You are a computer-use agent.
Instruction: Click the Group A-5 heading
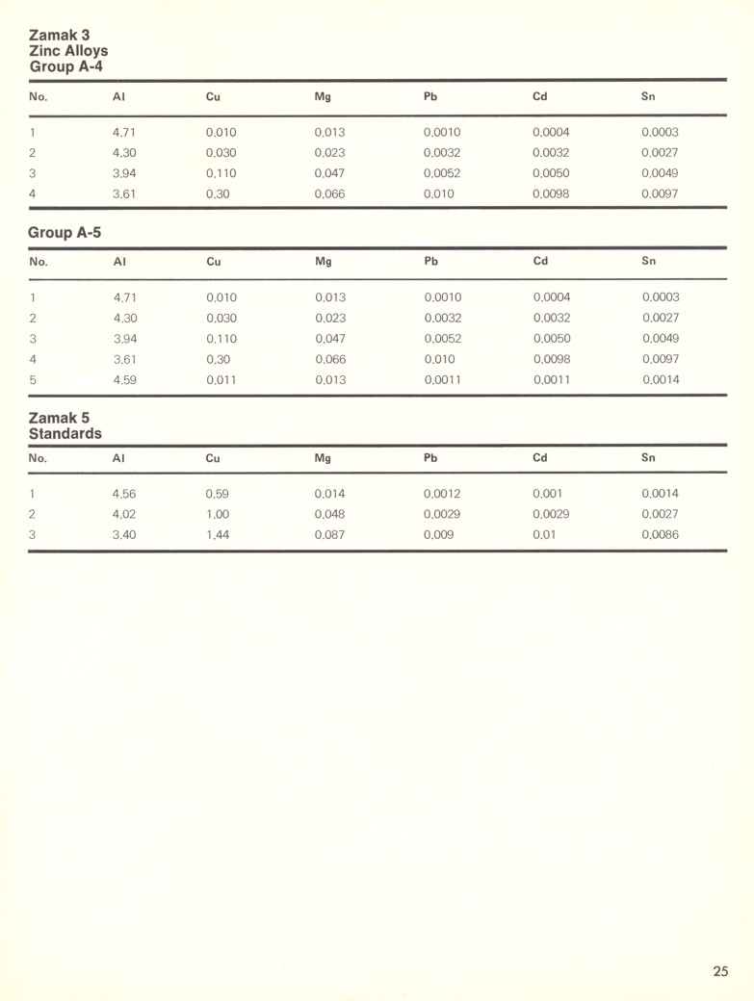click(x=65, y=232)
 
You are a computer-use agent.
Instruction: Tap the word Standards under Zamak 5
click(x=65, y=434)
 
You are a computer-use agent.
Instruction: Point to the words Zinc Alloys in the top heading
click(x=68, y=50)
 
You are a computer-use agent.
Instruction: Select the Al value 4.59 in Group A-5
click(x=124, y=380)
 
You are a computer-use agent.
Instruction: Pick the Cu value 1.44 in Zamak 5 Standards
click(x=218, y=535)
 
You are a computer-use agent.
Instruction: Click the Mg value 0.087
click(x=329, y=535)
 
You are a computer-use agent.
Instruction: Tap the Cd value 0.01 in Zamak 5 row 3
click(x=544, y=535)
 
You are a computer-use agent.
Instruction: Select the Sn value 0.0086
click(x=660, y=535)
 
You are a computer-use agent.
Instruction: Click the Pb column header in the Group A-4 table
click(x=430, y=96)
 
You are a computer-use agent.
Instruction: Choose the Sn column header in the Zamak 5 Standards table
click(x=648, y=458)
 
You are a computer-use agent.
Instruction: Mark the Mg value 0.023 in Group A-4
click(x=329, y=153)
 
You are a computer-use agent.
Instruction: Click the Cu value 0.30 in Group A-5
click(x=218, y=359)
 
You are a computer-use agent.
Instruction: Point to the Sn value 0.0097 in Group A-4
click(x=660, y=194)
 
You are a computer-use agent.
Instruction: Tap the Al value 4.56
click(x=124, y=494)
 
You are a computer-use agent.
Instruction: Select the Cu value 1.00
click(x=218, y=515)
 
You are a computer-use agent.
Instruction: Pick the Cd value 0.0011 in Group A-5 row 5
click(x=552, y=380)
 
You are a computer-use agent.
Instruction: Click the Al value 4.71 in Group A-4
click(x=124, y=133)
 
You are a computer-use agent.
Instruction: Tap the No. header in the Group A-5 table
click(x=38, y=261)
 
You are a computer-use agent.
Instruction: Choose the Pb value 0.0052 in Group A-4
click(x=442, y=174)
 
